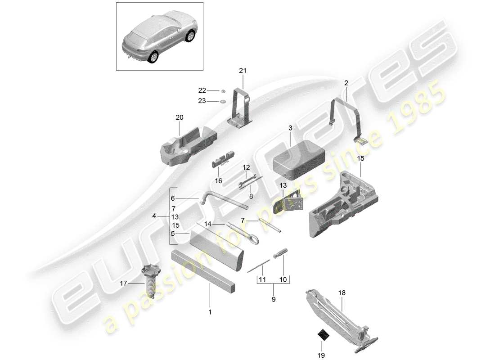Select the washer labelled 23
click(x=223, y=102)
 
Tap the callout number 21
click(x=243, y=71)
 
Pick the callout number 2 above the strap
click(x=346, y=83)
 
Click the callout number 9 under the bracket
click(x=274, y=299)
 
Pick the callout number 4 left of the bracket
click(x=154, y=216)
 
